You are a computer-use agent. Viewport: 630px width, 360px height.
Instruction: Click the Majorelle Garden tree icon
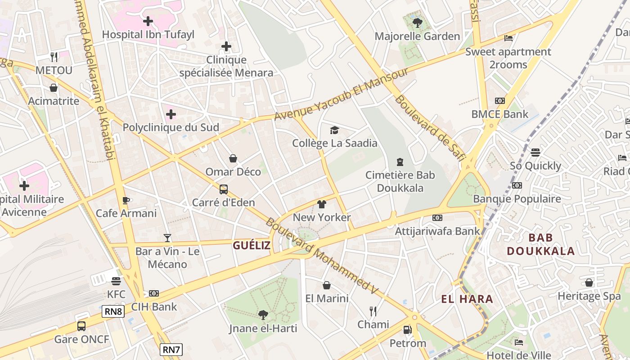pos(418,23)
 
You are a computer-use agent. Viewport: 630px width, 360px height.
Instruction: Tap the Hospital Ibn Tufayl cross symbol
pos(148,21)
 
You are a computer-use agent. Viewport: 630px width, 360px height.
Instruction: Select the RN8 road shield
pos(113,311)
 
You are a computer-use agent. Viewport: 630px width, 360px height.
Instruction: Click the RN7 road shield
pos(171,350)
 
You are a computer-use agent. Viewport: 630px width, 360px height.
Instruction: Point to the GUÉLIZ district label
pos(252,245)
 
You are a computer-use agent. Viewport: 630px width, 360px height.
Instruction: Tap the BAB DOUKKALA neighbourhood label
pos(540,244)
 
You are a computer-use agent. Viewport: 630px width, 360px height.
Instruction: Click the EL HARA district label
pos(467,299)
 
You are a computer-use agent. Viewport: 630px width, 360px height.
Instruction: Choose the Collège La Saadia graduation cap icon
pos(334,130)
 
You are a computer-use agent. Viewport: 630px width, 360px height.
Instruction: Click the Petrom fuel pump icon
pos(407,330)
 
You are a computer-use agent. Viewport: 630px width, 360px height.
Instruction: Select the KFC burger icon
pos(116,281)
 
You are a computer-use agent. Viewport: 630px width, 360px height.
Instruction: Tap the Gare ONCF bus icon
pos(81,326)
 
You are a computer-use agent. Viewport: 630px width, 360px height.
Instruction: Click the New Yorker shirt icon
pos(321,204)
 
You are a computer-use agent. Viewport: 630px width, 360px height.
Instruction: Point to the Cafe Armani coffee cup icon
pos(126,200)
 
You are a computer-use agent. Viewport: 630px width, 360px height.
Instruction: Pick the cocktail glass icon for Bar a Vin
pos(167,238)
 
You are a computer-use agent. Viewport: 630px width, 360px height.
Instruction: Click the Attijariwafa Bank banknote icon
pos(437,218)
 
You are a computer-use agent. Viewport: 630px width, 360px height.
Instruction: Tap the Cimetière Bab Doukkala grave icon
pos(400,162)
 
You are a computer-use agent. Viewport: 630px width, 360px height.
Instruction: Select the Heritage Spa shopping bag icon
pos(589,283)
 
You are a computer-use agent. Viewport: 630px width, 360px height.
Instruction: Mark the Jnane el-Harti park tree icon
pos(263,315)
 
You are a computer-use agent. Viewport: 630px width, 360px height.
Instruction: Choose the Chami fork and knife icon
pos(373,311)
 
